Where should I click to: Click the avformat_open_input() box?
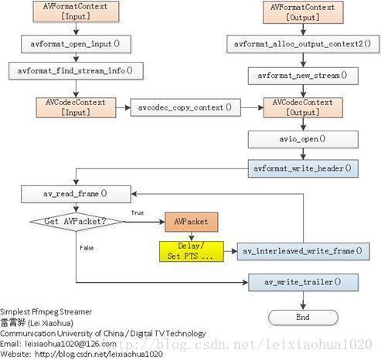click(x=76, y=44)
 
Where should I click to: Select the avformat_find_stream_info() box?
click(x=76, y=70)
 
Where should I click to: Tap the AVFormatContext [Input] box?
click(x=76, y=12)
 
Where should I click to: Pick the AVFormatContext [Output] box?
click(x=303, y=12)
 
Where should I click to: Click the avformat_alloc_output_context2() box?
click(x=303, y=44)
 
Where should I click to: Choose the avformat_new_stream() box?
click(x=303, y=76)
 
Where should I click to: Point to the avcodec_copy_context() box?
click(x=185, y=107)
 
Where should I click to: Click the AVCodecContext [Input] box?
click(x=76, y=107)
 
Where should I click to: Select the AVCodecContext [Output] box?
click(x=303, y=107)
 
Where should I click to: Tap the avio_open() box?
click(x=303, y=139)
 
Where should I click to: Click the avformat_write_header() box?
click(x=303, y=168)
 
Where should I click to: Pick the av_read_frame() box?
click(x=76, y=194)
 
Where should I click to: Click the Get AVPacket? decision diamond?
click(x=76, y=222)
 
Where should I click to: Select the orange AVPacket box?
click(x=191, y=222)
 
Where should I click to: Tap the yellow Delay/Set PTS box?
click(x=192, y=251)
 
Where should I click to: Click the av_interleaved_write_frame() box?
click(x=303, y=251)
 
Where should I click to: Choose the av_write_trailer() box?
click(x=303, y=283)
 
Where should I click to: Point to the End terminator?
click(x=303, y=318)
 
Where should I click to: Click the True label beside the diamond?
click(x=138, y=212)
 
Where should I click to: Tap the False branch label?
click(x=87, y=248)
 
